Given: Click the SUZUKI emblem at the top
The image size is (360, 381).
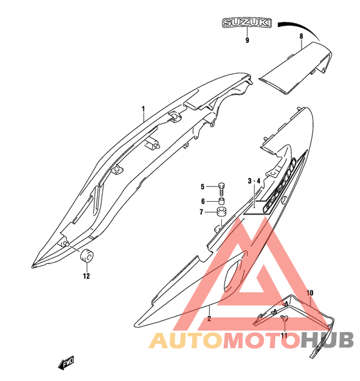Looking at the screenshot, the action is click(247, 23).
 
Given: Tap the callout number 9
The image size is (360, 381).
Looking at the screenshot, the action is click(248, 40).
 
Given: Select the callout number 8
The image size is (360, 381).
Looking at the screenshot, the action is click(301, 36).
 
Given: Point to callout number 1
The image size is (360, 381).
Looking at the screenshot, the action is click(143, 109).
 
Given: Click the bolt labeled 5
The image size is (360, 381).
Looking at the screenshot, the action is click(222, 189).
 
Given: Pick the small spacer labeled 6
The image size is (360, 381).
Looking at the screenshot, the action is click(221, 201).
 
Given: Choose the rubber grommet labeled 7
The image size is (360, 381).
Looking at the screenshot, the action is click(221, 211).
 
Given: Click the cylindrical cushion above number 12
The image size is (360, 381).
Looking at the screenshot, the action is click(87, 256).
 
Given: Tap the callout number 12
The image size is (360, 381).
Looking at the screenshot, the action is click(86, 276).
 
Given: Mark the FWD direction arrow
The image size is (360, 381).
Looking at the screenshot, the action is click(66, 363).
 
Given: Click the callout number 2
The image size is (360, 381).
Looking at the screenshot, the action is click(209, 319).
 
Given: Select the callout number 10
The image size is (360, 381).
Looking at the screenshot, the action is click(310, 293).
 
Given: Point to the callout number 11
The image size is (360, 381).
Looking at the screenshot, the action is click(284, 335).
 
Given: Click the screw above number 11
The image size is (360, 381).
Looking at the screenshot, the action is click(284, 319).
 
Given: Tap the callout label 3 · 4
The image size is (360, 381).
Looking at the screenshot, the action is click(254, 181).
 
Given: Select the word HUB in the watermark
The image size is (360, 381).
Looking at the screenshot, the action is click(327, 340).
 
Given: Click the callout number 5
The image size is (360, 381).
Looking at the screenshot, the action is click(203, 186).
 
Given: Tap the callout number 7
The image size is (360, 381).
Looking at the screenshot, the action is click(201, 212).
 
